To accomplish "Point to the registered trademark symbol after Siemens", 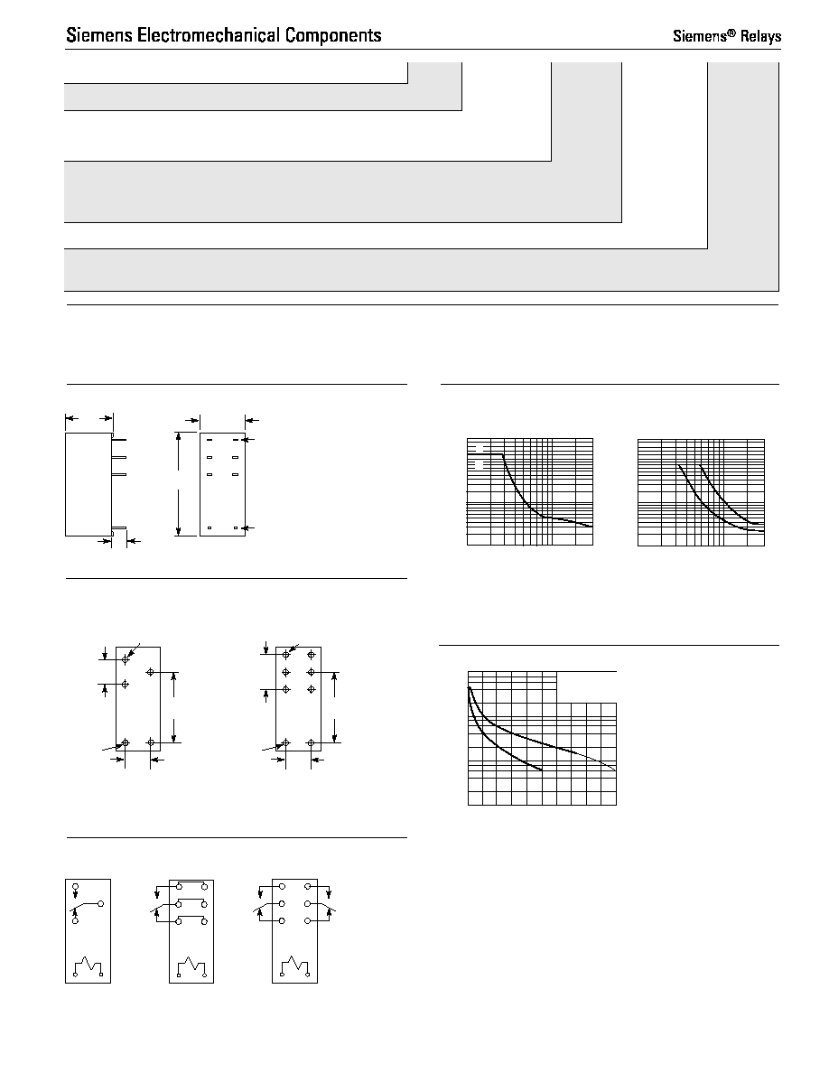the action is pyautogui.click(x=731, y=32).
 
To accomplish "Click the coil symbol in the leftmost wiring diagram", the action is pyautogui.click(x=88, y=966).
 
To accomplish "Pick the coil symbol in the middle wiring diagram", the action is pyautogui.click(x=191, y=966).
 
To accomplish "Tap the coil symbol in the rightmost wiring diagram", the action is pyautogui.click(x=294, y=966).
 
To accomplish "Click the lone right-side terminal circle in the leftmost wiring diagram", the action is pyautogui.click(x=100, y=904).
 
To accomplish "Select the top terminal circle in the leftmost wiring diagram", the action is pyautogui.click(x=75, y=886).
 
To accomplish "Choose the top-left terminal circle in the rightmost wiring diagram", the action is pyautogui.click(x=282, y=886).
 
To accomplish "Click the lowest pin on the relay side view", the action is pyautogui.click(x=119, y=527).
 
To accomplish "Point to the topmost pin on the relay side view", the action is pyautogui.click(x=119, y=441).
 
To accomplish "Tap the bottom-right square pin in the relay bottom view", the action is pyautogui.click(x=236, y=527).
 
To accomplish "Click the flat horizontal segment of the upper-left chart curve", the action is pyautogui.click(x=485, y=454).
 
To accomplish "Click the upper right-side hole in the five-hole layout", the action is pyautogui.click(x=151, y=673).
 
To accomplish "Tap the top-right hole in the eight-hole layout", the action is pyautogui.click(x=312, y=655).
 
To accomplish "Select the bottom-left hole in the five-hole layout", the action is pyautogui.click(x=126, y=742).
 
